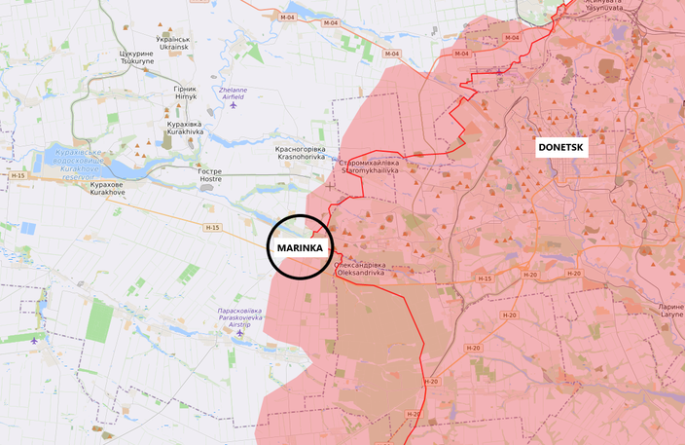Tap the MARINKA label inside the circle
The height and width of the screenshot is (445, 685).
coord(300,246)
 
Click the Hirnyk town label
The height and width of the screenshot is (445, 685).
coord(185,92)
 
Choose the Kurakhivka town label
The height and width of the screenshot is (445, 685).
coord(185,129)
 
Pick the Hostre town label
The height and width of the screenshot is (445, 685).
coord(210,175)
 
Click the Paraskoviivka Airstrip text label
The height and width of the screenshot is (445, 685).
coord(238,315)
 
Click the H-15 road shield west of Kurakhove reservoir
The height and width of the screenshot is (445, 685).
coord(18,175)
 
